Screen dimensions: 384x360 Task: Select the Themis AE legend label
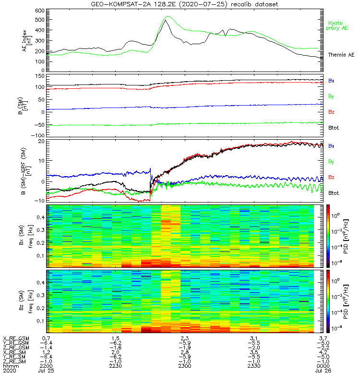(x=341, y=55)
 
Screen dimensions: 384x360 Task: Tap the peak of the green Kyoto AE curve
(x=168, y=17)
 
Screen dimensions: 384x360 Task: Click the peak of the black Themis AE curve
(x=165, y=20)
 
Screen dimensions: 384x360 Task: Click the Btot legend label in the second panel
(x=334, y=128)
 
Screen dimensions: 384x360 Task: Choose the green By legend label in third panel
(x=331, y=161)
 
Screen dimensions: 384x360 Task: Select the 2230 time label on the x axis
(x=116, y=366)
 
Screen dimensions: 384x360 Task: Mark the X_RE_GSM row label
(x=15, y=339)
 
